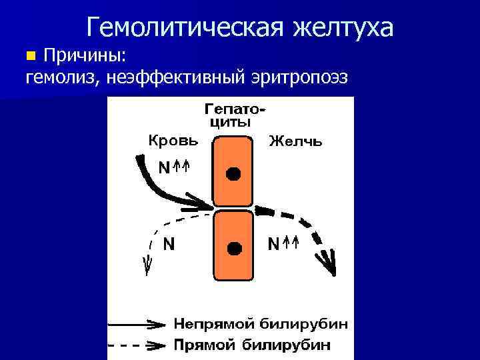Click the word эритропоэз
tap(299, 77)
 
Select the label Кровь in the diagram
tap(173, 141)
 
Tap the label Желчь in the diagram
tap(295, 141)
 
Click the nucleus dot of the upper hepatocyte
tap(233, 174)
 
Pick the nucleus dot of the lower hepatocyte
tap(233, 248)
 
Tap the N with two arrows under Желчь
tap(283, 244)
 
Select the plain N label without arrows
tap(169, 244)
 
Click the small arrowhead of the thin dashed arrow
tap(147, 265)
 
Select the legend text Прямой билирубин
tap(253, 345)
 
